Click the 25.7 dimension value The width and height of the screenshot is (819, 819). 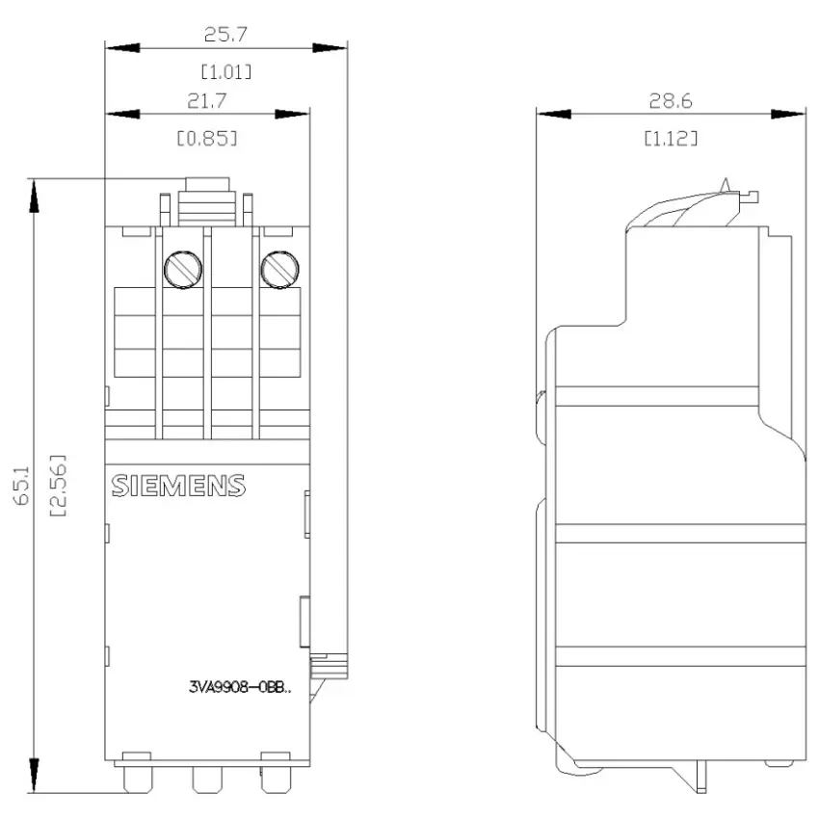coord(225,35)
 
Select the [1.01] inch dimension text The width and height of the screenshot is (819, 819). coord(226,71)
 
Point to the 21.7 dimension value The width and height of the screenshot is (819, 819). coord(207,101)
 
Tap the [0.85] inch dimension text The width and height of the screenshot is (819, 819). coord(207,139)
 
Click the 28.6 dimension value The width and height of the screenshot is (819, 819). coord(671,101)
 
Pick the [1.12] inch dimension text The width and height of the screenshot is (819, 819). coord(671,139)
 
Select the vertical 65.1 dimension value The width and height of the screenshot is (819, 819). coord(22,486)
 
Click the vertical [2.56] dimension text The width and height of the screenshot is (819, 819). coord(58,486)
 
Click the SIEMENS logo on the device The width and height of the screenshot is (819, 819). coord(178,486)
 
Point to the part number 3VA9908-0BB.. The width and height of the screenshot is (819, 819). coord(240,687)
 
